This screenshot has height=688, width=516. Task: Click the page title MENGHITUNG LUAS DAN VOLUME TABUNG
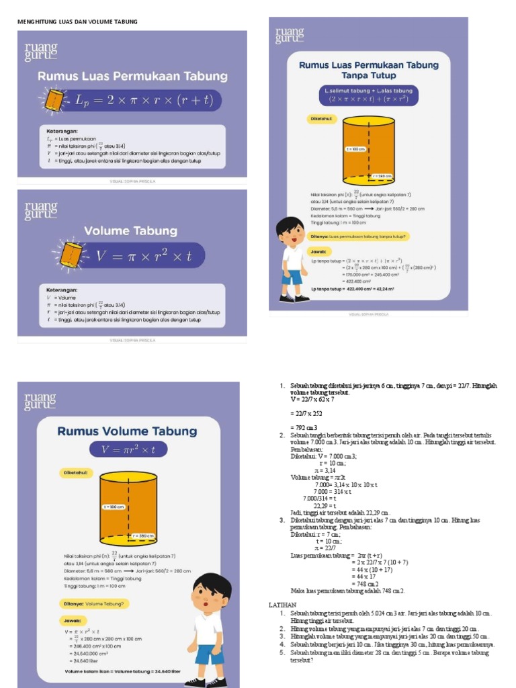[x=77, y=21]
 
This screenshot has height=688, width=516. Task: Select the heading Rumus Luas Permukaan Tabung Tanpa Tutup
[x=368, y=70]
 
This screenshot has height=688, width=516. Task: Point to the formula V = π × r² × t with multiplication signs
[x=144, y=256]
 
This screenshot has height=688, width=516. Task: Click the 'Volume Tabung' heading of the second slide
[x=130, y=231]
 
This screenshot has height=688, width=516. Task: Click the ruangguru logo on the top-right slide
[x=290, y=35]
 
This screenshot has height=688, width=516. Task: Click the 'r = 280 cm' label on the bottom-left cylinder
[x=144, y=535]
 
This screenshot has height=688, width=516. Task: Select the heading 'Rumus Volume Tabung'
[x=127, y=431]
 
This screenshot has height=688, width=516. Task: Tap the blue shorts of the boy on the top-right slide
[x=292, y=277]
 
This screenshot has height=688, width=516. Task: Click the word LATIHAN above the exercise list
[x=283, y=605]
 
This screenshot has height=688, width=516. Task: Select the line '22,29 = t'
[x=316, y=505]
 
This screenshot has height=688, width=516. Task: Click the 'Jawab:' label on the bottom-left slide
[x=73, y=621]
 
